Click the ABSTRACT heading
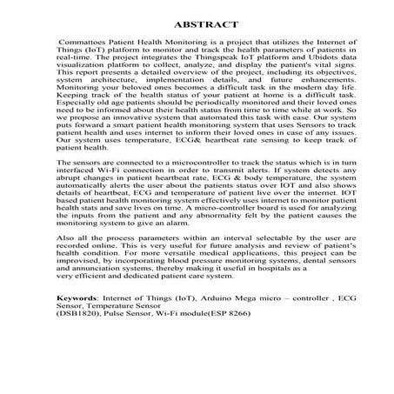pos(197,24)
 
